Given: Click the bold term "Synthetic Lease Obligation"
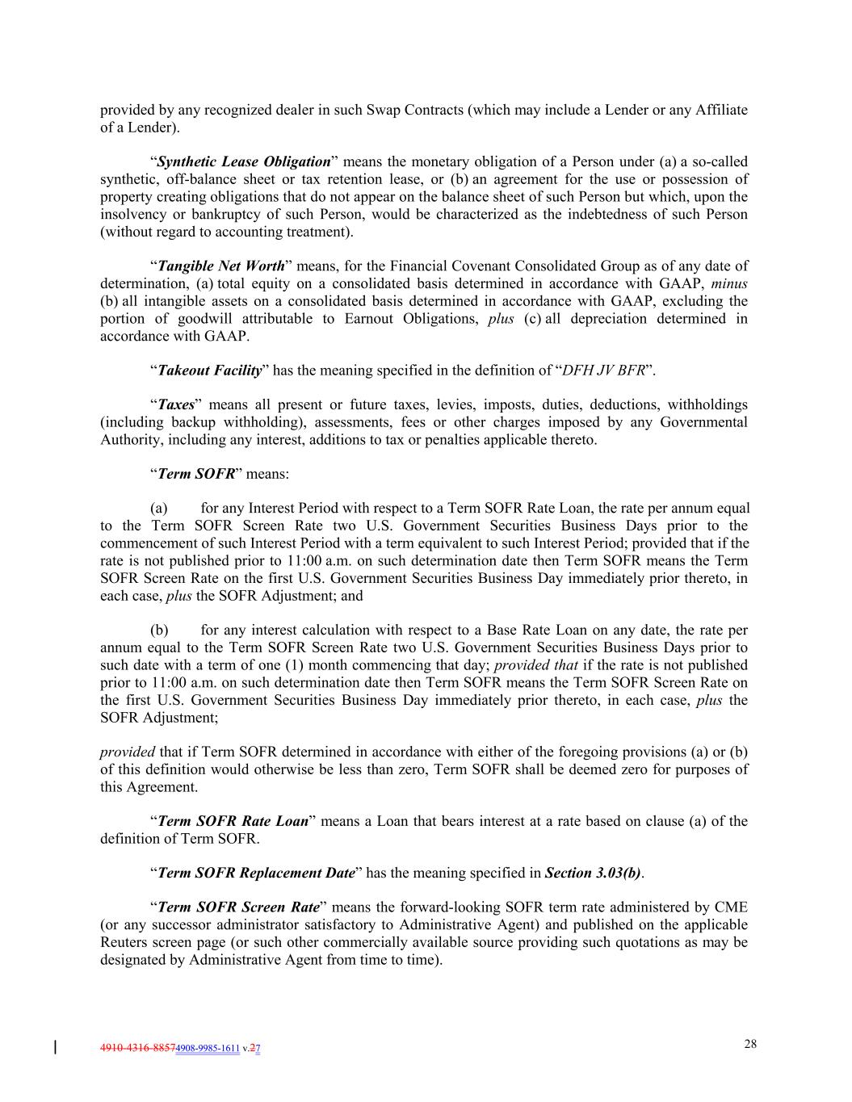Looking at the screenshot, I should [244, 161].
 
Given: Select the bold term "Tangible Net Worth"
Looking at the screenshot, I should [221, 266].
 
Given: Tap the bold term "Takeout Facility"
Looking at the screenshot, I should [210, 371].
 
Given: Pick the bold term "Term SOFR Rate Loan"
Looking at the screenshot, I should [233, 821].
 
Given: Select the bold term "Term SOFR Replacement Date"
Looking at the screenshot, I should [256, 873].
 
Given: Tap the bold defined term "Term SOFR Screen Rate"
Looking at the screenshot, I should [238, 907].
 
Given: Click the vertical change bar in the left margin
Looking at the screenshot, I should [54, 1047].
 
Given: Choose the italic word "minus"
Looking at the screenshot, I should [729, 283].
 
